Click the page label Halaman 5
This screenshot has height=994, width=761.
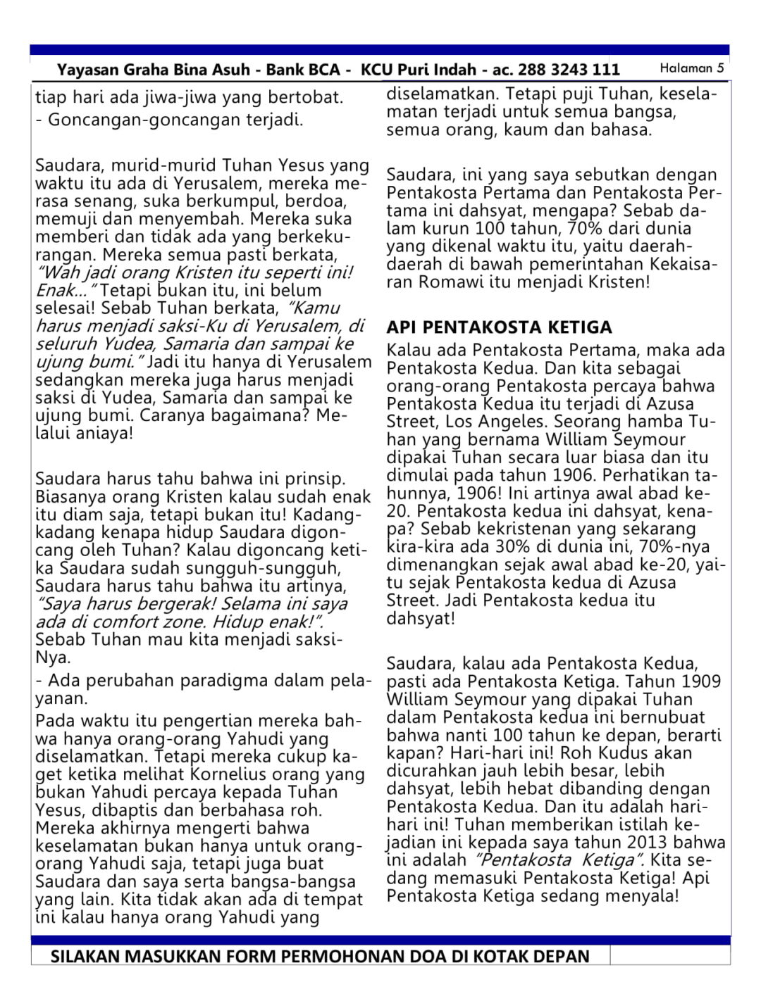691,68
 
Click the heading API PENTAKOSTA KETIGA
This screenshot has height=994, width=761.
499,327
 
